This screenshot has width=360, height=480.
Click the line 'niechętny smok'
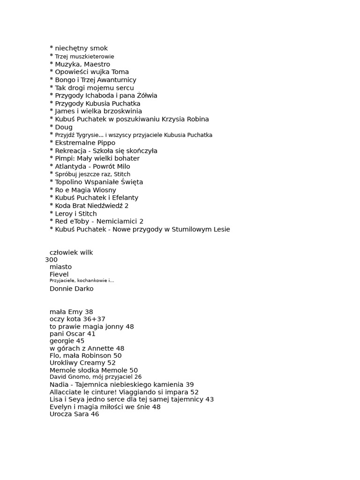[81, 48]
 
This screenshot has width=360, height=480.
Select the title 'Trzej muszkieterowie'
[84, 57]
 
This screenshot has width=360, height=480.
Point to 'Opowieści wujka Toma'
[92, 72]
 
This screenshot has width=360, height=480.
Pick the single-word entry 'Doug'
[64, 127]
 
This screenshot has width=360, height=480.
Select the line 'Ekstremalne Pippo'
[85, 143]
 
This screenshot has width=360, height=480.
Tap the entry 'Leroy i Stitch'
[76, 214]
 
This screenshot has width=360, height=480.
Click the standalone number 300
[52, 260]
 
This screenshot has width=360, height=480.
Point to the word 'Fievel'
[59, 274]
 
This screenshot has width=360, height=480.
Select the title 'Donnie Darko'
[71, 289]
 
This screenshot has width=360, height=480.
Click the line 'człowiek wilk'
[71, 253]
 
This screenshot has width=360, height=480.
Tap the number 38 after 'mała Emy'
[89, 312]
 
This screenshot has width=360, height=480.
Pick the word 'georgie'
[61, 341]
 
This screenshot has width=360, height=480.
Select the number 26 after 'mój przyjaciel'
[138, 377]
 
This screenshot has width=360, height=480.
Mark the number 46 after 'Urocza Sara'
[95, 414]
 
